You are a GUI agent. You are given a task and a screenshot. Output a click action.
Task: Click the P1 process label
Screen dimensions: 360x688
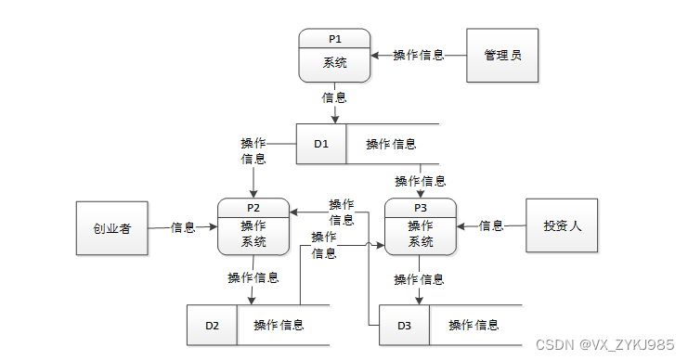(x=335, y=39)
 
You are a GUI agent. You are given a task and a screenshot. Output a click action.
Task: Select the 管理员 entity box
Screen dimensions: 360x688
(x=502, y=56)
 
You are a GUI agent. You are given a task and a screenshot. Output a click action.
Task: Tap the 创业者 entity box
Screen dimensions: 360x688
(x=110, y=226)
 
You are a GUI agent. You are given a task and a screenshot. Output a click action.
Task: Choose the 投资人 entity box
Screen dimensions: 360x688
(x=562, y=225)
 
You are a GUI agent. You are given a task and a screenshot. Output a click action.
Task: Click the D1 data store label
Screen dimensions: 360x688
(x=321, y=144)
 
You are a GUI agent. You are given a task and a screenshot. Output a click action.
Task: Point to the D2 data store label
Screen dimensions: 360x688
(x=212, y=325)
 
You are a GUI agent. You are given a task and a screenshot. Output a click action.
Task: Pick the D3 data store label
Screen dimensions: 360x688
(x=404, y=325)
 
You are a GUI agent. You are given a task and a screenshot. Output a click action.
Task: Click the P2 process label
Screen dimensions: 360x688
(x=253, y=208)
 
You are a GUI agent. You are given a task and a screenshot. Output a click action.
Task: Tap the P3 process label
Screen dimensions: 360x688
(x=421, y=208)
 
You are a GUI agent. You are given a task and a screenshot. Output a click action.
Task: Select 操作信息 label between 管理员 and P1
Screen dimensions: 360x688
(x=418, y=56)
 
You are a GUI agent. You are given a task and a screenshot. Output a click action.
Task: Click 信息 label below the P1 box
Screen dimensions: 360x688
(x=334, y=96)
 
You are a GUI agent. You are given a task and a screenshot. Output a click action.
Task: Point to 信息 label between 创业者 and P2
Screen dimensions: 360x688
(x=183, y=226)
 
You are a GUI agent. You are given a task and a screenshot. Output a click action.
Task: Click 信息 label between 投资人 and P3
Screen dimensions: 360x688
(x=491, y=225)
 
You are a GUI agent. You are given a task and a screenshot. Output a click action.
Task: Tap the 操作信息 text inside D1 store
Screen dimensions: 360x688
(x=390, y=144)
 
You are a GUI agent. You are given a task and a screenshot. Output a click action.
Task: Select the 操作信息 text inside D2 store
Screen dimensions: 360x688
(x=279, y=325)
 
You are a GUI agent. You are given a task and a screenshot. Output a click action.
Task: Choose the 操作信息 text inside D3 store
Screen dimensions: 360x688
(x=474, y=325)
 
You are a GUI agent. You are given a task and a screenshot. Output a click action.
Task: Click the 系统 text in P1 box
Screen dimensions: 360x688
(x=335, y=64)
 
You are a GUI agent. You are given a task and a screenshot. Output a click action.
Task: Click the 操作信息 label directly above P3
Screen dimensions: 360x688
(x=420, y=181)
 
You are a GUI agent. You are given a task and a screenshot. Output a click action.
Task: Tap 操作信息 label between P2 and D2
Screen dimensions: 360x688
(x=253, y=278)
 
